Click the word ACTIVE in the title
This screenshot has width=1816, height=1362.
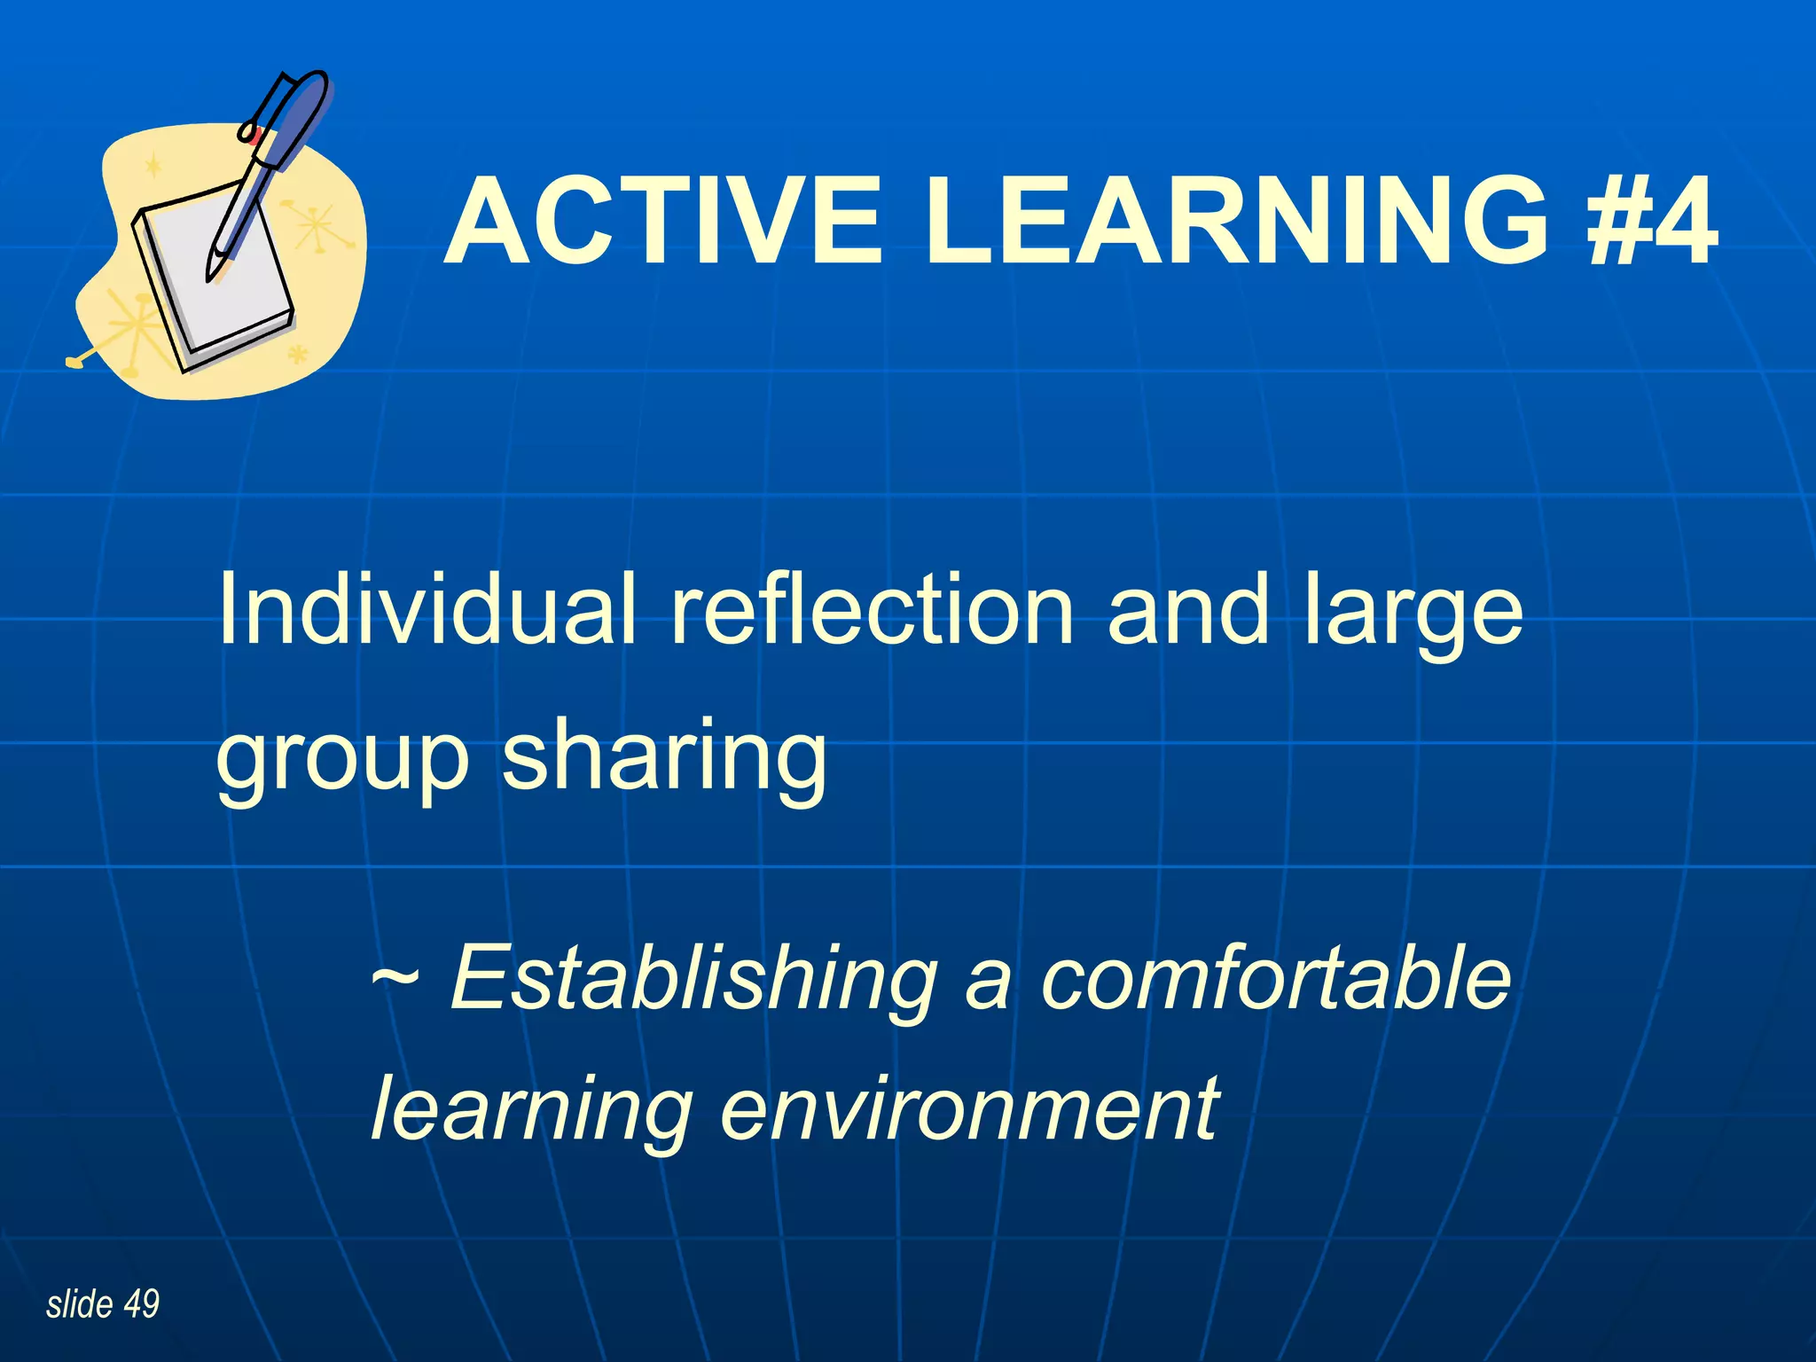[x=663, y=222]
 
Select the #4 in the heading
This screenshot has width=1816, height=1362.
[x=1651, y=222]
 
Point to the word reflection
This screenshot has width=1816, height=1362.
[x=872, y=609]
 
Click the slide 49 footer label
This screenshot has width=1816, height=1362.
[x=103, y=1304]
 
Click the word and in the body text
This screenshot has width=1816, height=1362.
[x=1188, y=609]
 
